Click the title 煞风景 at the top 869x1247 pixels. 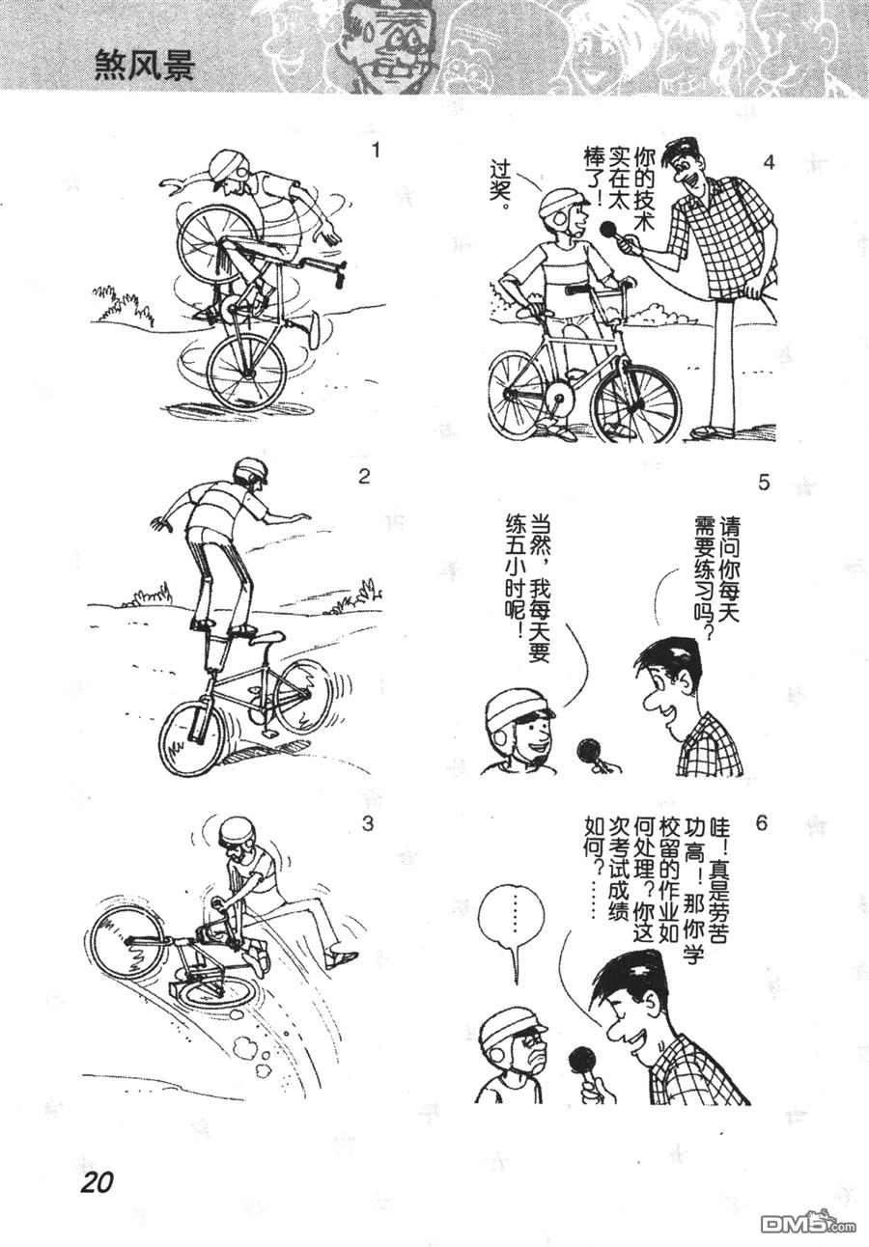click(144, 67)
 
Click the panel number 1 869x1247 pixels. click(378, 151)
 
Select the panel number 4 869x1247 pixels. click(769, 163)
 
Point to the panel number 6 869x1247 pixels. click(761, 822)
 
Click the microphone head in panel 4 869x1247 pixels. click(609, 230)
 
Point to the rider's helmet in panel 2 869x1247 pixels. click(251, 471)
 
